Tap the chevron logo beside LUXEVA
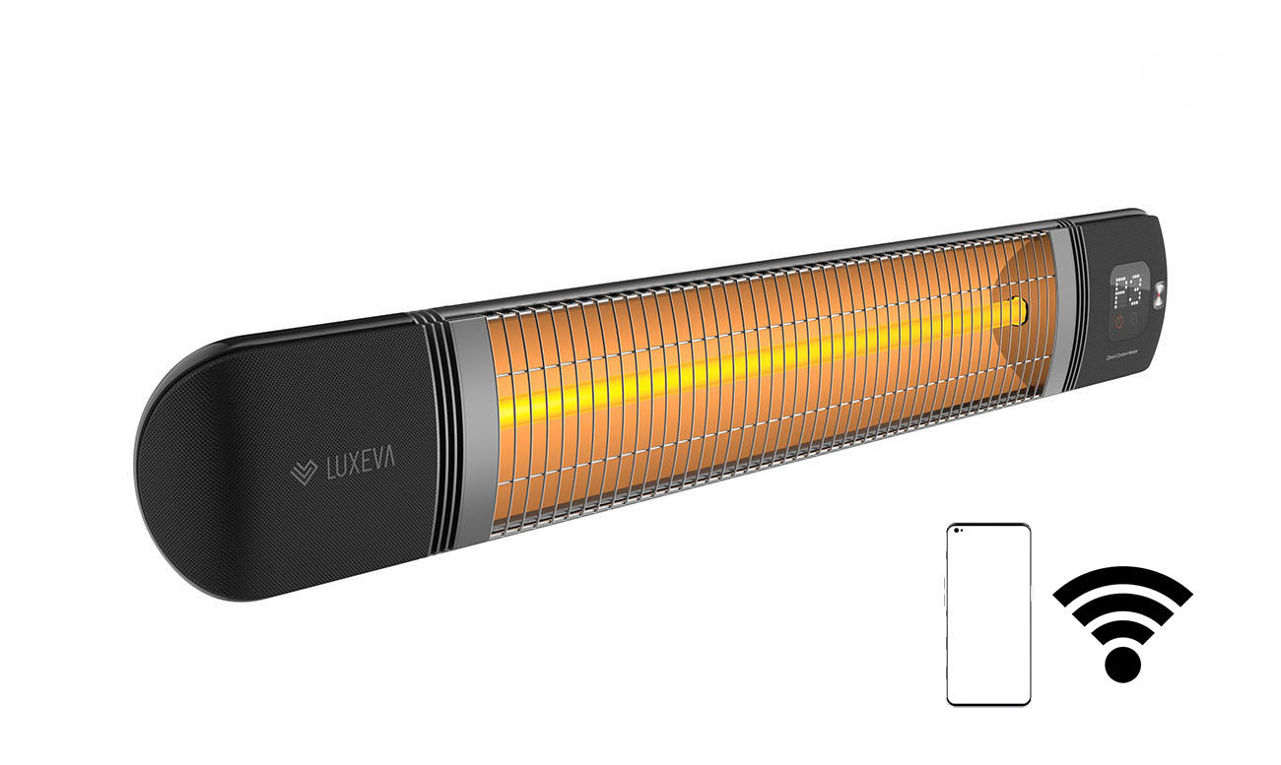tap(303, 472)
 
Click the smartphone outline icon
tap(988, 614)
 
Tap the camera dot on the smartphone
tap(958, 533)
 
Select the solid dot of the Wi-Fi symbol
tap(1122, 664)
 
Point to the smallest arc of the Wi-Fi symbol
tap(1122, 630)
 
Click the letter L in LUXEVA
tap(330, 471)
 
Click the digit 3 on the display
tap(1134, 291)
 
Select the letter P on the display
tap(1120, 291)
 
